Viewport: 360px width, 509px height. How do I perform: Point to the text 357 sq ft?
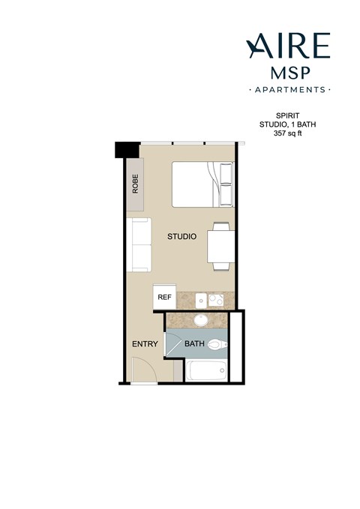pyautogui.click(x=287, y=134)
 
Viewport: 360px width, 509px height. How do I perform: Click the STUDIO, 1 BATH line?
pyautogui.click(x=287, y=126)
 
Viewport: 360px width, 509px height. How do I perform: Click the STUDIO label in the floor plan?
pyautogui.click(x=181, y=236)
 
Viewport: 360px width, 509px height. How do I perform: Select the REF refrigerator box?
pyautogui.click(x=163, y=296)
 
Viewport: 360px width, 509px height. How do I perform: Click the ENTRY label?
pyautogui.click(x=145, y=344)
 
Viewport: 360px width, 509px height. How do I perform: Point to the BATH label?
pyautogui.click(x=194, y=344)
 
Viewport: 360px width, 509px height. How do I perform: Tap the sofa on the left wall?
pyautogui.click(x=139, y=245)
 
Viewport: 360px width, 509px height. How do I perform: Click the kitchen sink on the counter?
pyautogui.click(x=200, y=300)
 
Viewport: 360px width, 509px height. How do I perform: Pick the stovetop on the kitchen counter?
pyautogui.click(x=216, y=300)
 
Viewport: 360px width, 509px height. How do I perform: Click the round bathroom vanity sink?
pyautogui.click(x=200, y=321)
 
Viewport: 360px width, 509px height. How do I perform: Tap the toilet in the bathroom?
pyautogui.click(x=217, y=345)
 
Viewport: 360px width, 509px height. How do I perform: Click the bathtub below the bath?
pyautogui.click(x=206, y=370)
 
